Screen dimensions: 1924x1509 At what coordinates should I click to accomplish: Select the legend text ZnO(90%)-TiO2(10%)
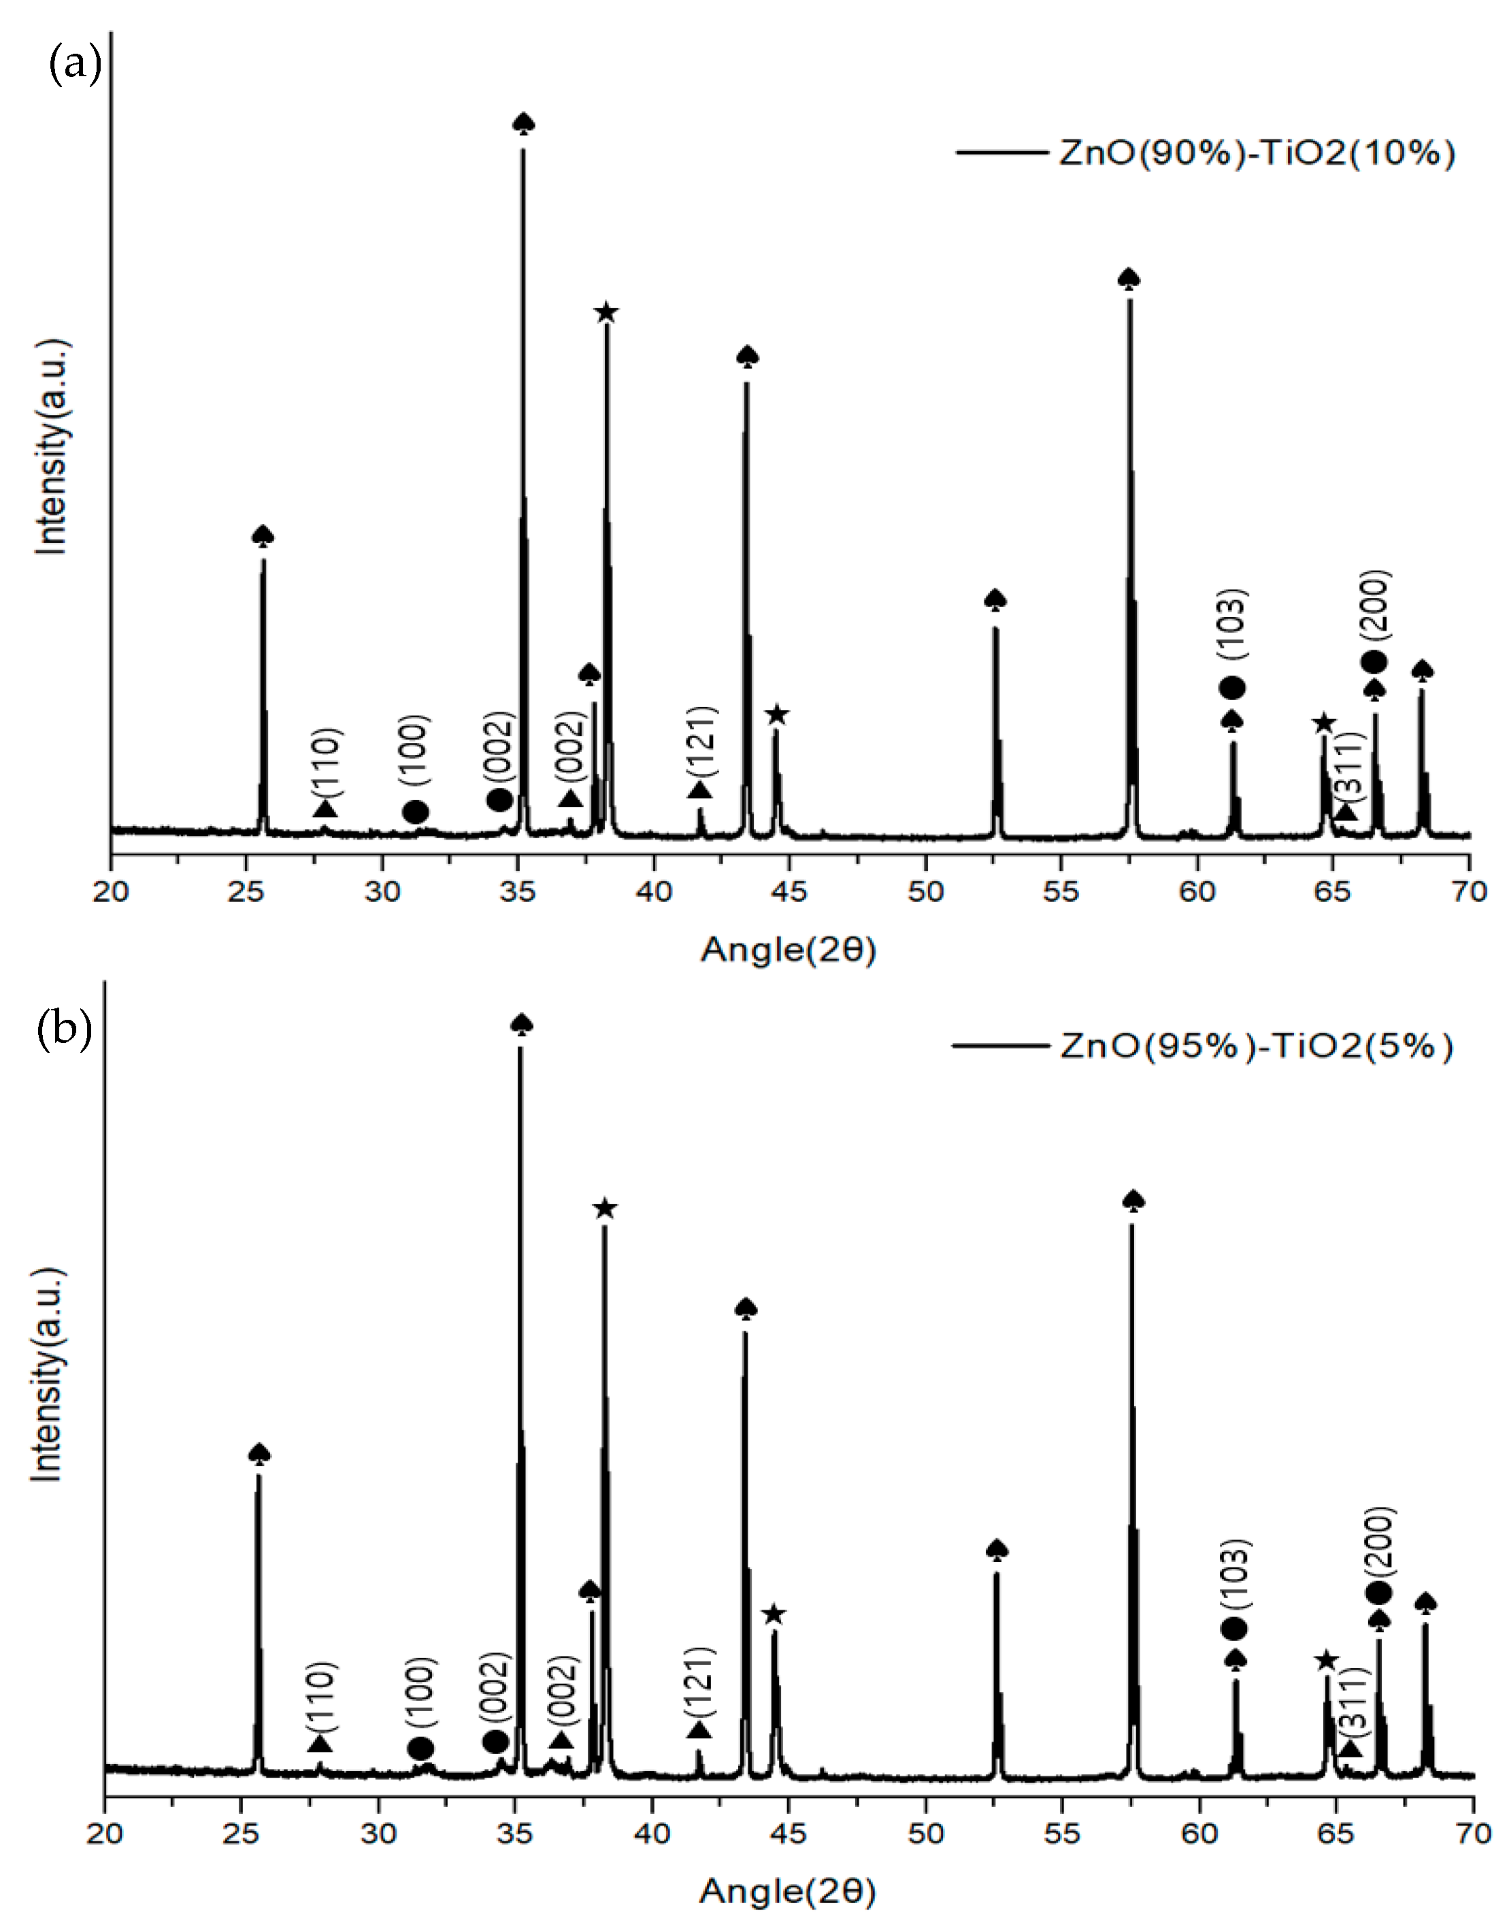1255,154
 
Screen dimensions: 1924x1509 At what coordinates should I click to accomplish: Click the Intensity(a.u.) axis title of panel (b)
48,1374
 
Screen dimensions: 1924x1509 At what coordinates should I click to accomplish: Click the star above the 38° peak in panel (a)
606,313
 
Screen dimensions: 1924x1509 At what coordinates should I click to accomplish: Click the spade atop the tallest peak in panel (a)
523,122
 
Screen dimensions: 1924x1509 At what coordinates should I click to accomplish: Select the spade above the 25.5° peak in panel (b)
259,1453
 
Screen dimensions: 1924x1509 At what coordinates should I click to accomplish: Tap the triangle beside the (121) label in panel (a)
699,790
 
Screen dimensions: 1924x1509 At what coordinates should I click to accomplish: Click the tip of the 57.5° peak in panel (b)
1132,1226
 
